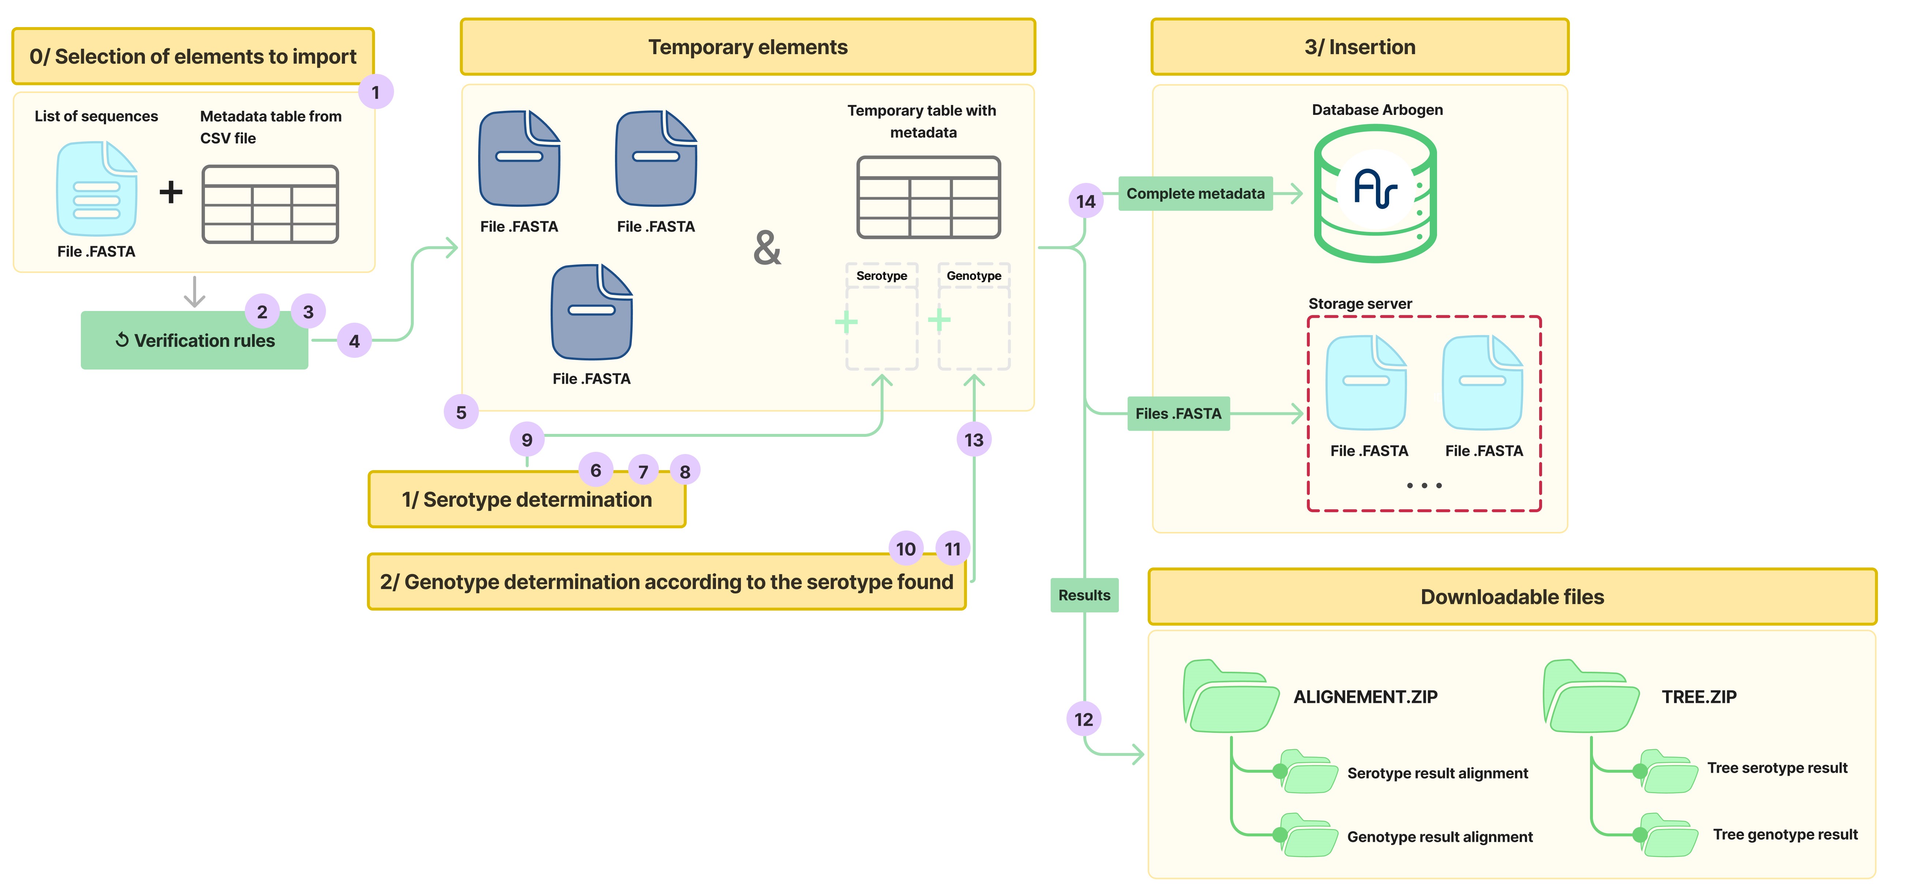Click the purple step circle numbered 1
coord(376,93)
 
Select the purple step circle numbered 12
coord(1083,719)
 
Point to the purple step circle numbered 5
coord(461,413)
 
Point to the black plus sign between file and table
coord(171,192)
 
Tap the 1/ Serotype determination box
coord(526,500)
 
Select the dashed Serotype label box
coord(881,276)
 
